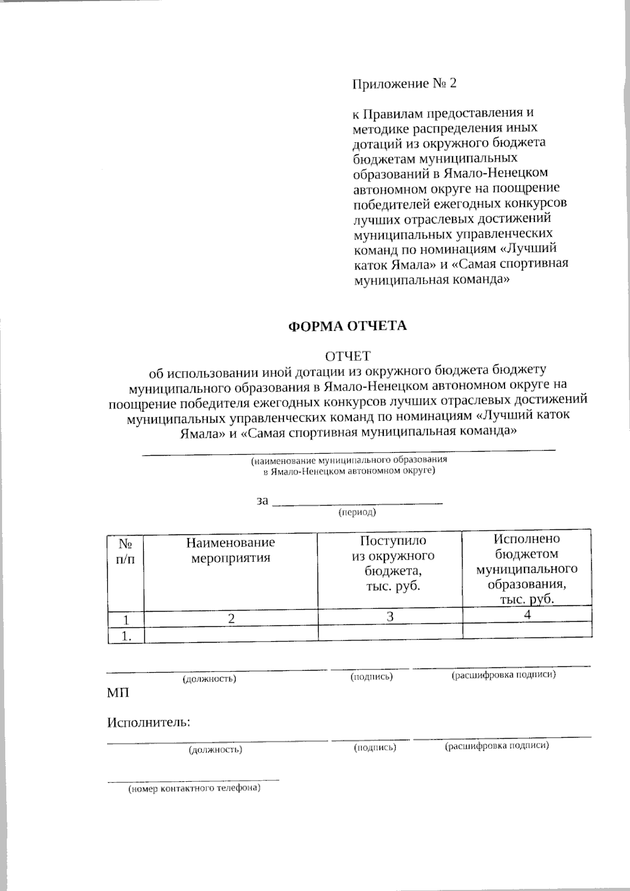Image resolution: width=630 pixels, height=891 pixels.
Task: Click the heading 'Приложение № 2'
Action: click(x=404, y=83)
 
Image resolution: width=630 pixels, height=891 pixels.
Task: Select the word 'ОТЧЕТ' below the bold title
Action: click(x=348, y=357)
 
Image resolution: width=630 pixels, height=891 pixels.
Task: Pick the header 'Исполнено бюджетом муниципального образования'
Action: click(x=527, y=569)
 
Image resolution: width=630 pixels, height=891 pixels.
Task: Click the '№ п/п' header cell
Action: click(x=125, y=551)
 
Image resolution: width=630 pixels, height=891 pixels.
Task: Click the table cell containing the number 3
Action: click(x=390, y=616)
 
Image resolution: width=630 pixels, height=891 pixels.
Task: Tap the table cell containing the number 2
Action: click(x=231, y=619)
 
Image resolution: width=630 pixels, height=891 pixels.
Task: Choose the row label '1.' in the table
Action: click(x=125, y=636)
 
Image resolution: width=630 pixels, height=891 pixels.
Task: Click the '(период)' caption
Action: click(x=357, y=512)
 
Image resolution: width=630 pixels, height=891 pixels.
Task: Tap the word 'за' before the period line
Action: click(x=262, y=500)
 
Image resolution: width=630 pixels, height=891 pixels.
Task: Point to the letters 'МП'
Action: click(x=118, y=693)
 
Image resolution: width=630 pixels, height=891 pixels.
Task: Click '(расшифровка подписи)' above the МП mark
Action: click(x=503, y=675)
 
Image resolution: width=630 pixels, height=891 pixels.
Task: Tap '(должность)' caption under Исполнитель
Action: click(x=215, y=750)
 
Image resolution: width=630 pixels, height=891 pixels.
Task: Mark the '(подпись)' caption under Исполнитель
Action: click(x=375, y=747)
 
